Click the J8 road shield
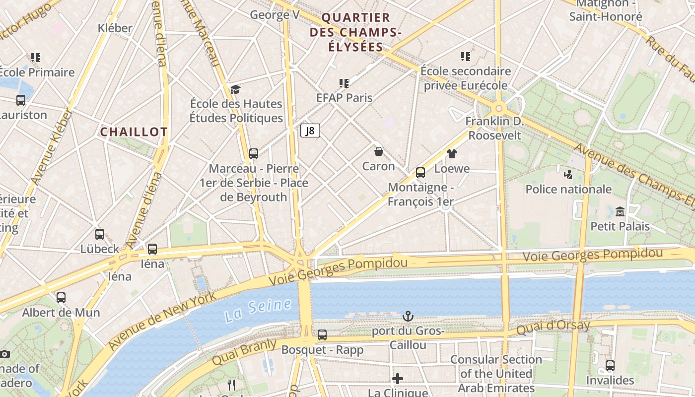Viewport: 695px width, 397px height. tap(310, 131)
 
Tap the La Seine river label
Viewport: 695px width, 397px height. tap(257, 310)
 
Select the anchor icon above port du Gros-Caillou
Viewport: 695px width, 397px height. tap(408, 316)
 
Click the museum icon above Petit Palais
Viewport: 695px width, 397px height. tap(620, 212)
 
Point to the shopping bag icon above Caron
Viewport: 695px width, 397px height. tap(379, 151)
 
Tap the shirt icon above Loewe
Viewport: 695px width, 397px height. tap(451, 154)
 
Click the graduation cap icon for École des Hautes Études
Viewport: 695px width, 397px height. tap(235, 89)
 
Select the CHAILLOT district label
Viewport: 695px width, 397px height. tap(134, 132)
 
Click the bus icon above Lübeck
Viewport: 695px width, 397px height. tap(100, 234)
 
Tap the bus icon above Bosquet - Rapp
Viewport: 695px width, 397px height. tap(322, 335)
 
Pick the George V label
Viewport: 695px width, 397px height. tap(275, 15)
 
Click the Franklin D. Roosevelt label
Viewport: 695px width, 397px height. tap(494, 129)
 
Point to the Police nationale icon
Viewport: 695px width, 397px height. tap(568, 174)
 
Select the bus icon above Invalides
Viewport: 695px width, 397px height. tap(610, 366)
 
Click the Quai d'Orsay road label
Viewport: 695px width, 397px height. tap(553, 328)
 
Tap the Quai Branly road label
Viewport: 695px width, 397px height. tap(244, 352)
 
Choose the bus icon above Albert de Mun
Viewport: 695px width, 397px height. tap(61, 298)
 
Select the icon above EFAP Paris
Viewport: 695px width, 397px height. tap(344, 83)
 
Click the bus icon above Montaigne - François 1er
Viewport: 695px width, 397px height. tap(420, 173)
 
